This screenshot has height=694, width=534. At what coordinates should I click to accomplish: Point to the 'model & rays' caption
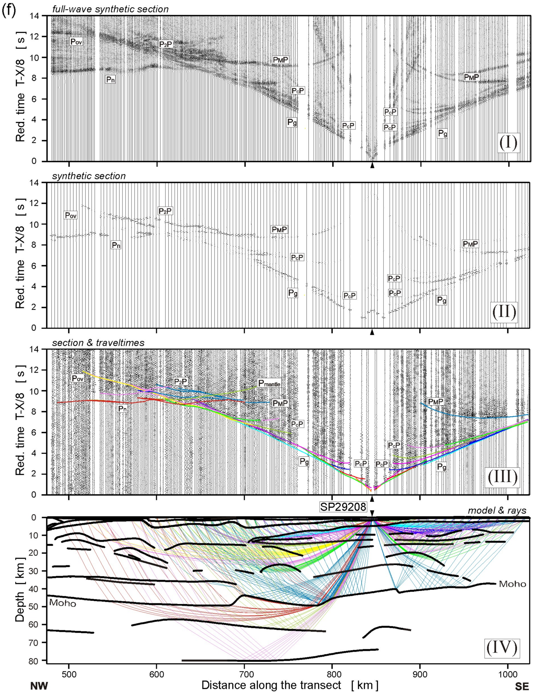coord(497,511)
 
